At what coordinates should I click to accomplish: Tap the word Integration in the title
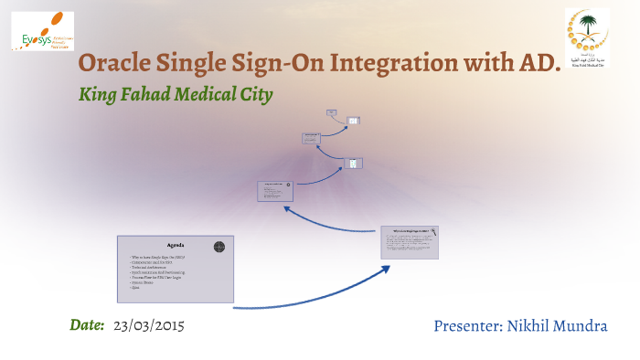[397, 64]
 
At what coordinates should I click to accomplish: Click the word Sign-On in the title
[286, 64]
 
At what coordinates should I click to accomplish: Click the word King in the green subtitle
[99, 94]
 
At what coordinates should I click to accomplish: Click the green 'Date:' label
[88, 325]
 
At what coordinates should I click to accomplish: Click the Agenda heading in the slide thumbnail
[175, 246]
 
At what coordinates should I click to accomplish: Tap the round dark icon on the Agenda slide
[219, 246]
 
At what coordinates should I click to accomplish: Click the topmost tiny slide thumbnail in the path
[332, 113]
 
